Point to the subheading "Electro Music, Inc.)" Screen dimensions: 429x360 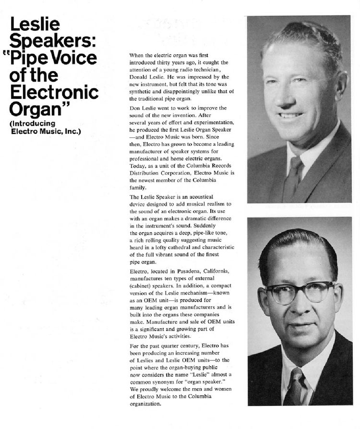coord(46,131)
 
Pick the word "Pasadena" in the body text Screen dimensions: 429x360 coord(183,272)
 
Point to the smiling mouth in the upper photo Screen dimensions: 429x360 coord(291,115)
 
